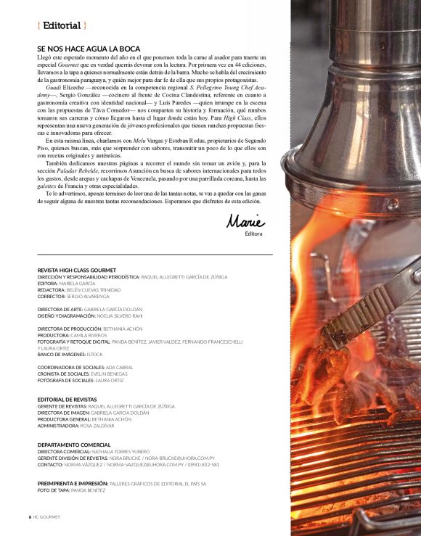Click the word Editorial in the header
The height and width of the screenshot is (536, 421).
[62, 26]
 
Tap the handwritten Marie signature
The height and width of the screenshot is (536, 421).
[245, 220]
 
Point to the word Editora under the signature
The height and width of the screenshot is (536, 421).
[253, 234]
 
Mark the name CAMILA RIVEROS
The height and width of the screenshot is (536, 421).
[89, 335]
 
